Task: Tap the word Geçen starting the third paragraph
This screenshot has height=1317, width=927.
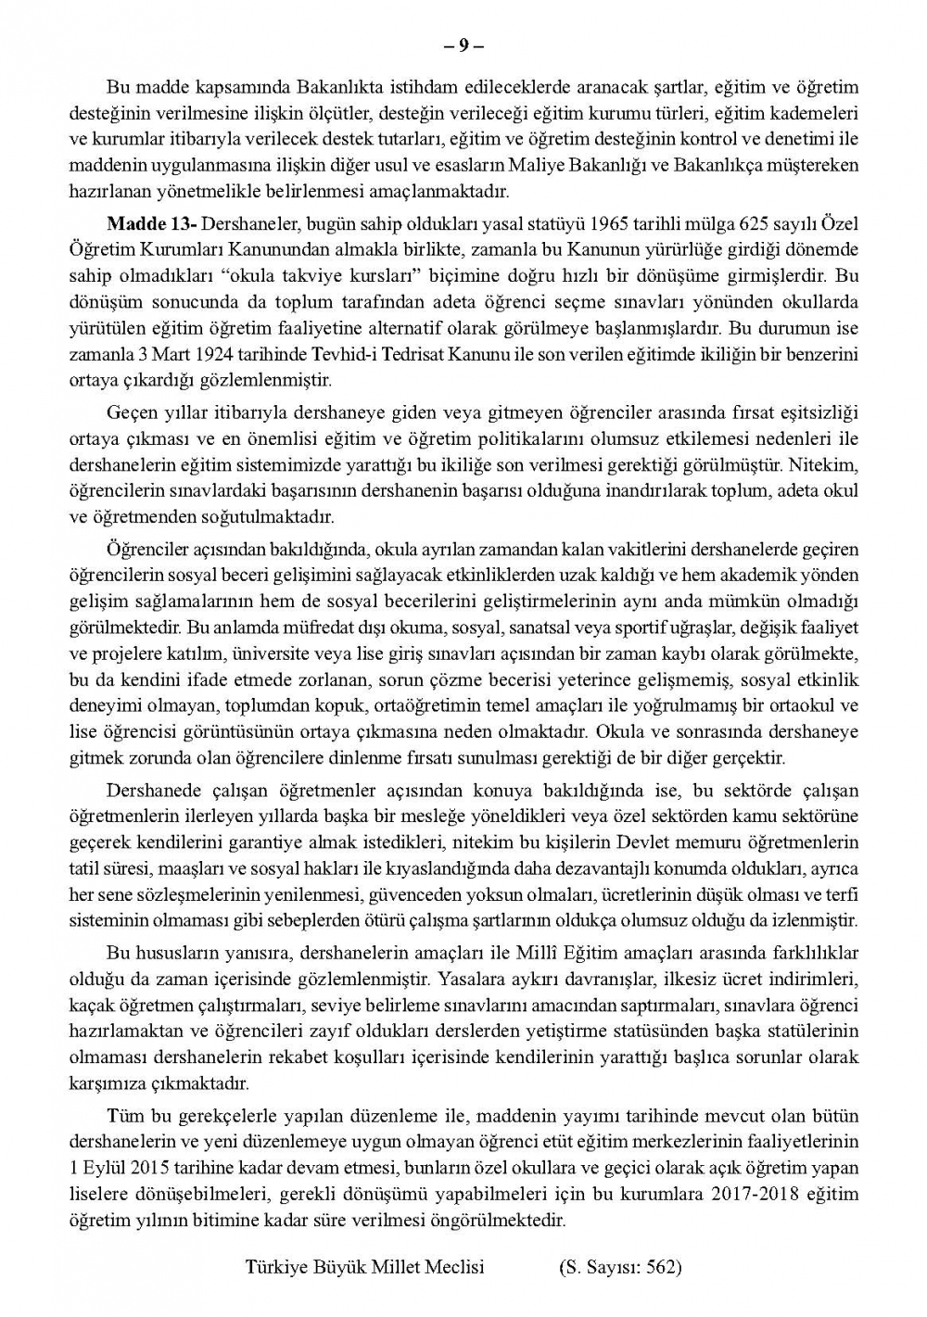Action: [x=132, y=412]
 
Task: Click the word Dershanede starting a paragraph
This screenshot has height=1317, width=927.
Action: [x=149, y=791]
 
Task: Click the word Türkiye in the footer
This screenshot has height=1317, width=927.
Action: [x=275, y=1267]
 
